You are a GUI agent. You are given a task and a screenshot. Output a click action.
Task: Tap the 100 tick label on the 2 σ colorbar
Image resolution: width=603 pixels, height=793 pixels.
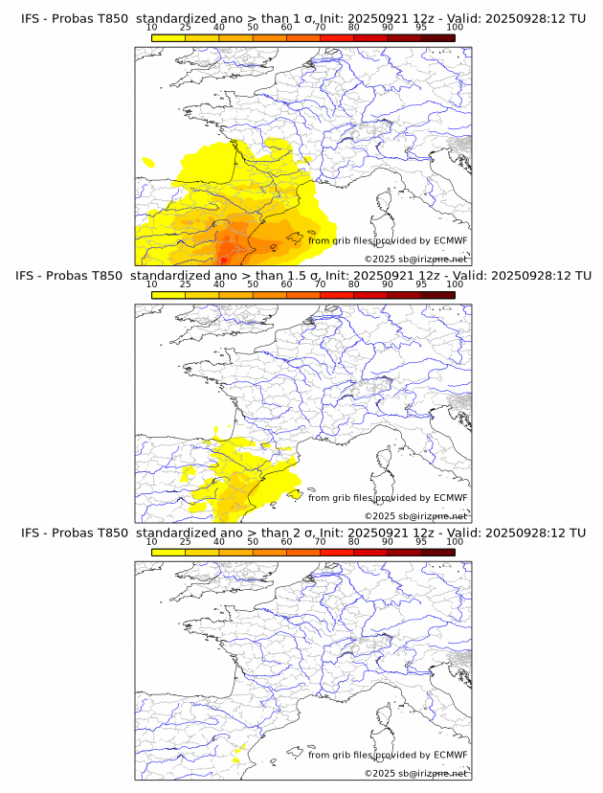click(455, 542)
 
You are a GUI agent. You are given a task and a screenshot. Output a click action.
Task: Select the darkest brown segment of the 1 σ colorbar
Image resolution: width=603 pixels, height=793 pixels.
click(437, 37)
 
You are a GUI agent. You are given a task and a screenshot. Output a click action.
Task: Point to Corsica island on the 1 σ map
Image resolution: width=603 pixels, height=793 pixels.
click(386, 203)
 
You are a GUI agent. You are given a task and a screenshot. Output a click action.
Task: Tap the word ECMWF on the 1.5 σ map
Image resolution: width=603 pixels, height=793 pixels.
click(451, 497)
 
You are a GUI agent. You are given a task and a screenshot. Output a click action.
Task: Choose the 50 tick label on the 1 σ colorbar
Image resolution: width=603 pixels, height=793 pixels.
click(253, 27)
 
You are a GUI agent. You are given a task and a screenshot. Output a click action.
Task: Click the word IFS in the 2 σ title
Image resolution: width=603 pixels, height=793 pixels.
click(32, 532)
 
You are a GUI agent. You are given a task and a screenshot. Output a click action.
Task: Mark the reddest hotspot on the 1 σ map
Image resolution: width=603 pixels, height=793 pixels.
click(224, 259)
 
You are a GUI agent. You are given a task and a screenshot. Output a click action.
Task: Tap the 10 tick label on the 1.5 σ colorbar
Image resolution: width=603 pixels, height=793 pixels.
click(152, 284)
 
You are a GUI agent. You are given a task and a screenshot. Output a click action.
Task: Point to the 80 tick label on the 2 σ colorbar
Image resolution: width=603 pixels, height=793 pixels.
click(354, 542)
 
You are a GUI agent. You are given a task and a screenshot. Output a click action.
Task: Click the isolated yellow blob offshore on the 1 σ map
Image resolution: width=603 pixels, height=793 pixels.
click(147, 162)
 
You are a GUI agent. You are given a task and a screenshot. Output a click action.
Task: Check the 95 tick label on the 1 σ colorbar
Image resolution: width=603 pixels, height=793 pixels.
click(421, 27)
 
